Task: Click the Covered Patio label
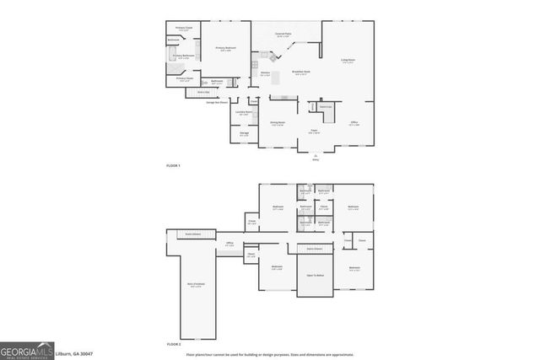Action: point(283,35)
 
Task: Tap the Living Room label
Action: point(347,60)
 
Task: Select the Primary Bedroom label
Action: point(224,49)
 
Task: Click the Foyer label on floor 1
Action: point(313,132)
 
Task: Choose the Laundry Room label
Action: point(243,113)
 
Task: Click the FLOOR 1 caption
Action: point(173,165)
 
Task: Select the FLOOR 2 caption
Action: point(173,345)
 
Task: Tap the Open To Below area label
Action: point(312,275)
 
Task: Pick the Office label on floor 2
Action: point(229,244)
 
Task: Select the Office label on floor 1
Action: point(354,123)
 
